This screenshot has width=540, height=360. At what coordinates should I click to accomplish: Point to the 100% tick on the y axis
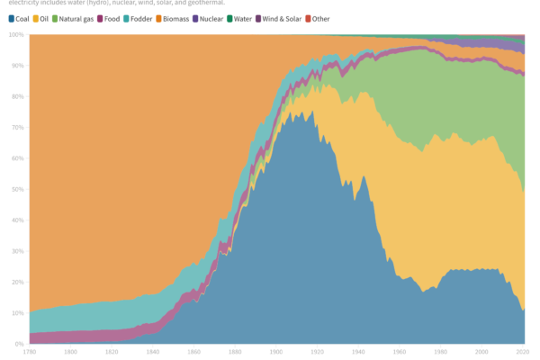point(15,35)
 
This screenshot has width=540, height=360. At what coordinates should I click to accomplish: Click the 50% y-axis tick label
point(17,190)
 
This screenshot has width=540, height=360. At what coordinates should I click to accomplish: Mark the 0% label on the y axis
point(19,344)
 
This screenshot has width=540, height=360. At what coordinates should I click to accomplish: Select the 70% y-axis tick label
point(17,128)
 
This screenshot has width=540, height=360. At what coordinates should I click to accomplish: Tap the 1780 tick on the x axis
point(30,353)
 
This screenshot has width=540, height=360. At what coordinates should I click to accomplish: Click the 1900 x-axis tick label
point(277,353)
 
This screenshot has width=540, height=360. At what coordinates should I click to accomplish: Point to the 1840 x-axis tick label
point(154,353)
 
